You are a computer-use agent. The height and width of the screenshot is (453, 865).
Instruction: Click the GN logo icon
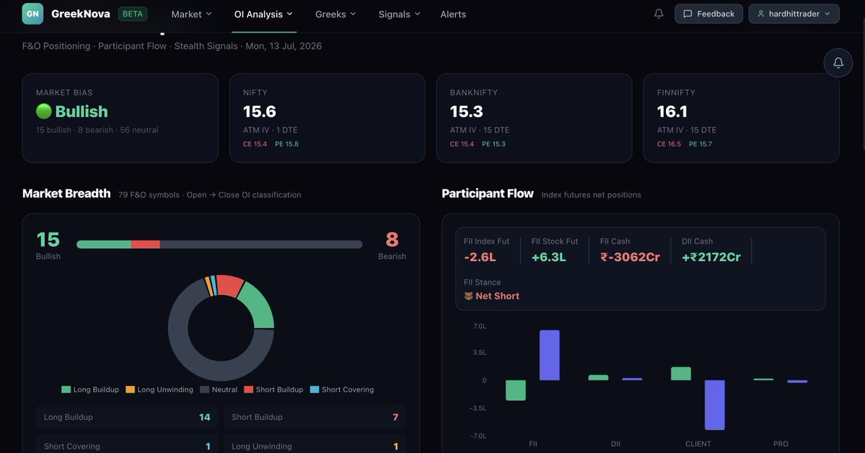click(32, 14)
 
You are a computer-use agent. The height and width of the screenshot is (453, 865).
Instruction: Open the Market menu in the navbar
click(191, 14)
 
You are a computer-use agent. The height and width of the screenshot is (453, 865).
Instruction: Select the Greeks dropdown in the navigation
click(335, 14)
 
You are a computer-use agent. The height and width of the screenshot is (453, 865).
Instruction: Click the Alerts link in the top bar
click(453, 14)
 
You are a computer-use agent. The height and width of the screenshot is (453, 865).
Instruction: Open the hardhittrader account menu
click(794, 14)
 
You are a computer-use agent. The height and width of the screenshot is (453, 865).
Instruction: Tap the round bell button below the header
click(838, 63)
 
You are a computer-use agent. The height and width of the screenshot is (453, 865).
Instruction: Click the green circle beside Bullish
click(43, 112)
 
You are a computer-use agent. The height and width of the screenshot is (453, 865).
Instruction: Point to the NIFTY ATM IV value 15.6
click(259, 112)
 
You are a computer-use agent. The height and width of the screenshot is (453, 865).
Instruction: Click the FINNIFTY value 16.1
click(672, 112)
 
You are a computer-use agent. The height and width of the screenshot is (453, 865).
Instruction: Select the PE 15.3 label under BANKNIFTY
click(493, 144)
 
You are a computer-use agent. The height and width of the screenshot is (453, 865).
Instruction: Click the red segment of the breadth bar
click(145, 245)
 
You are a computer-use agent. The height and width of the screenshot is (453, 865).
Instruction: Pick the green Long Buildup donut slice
click(257, 304)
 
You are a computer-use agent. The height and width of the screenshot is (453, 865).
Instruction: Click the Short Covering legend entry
click(342, 390)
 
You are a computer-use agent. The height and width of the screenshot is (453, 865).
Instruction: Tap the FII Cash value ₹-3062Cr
click(630, 257)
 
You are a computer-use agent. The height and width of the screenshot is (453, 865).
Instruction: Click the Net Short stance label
click(497, 296)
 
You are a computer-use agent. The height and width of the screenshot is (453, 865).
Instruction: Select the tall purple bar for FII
click(550, 356)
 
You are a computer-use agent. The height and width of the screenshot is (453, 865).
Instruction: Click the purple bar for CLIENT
click(715, 405)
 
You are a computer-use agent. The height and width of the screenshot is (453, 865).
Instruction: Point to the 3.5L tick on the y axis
click(479, 353)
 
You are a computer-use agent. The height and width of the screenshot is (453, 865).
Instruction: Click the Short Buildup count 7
click(395, 417)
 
